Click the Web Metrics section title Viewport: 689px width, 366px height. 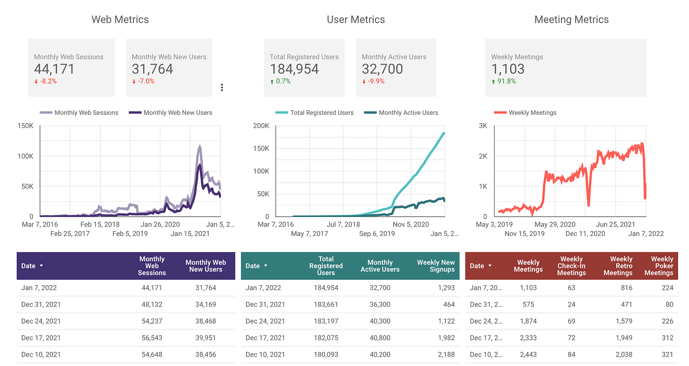click(x=120, y=20)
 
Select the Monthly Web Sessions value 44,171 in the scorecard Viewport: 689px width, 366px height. click(x=54, y=69)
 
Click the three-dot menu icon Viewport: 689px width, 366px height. click(x=222, y=88)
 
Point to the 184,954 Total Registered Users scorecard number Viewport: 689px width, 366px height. click(x=294, y=69)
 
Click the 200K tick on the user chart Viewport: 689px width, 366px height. click(x=261, y=126)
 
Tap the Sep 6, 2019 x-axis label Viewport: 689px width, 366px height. click(x=377, y=233)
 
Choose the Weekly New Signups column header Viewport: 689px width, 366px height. click(x=436, y=266)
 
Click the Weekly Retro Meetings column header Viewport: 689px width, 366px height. click(x=618, y=266)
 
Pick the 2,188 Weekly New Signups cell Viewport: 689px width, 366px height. click(x=445, y=355)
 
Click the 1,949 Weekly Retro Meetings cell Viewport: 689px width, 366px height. click(x=623, y=338)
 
